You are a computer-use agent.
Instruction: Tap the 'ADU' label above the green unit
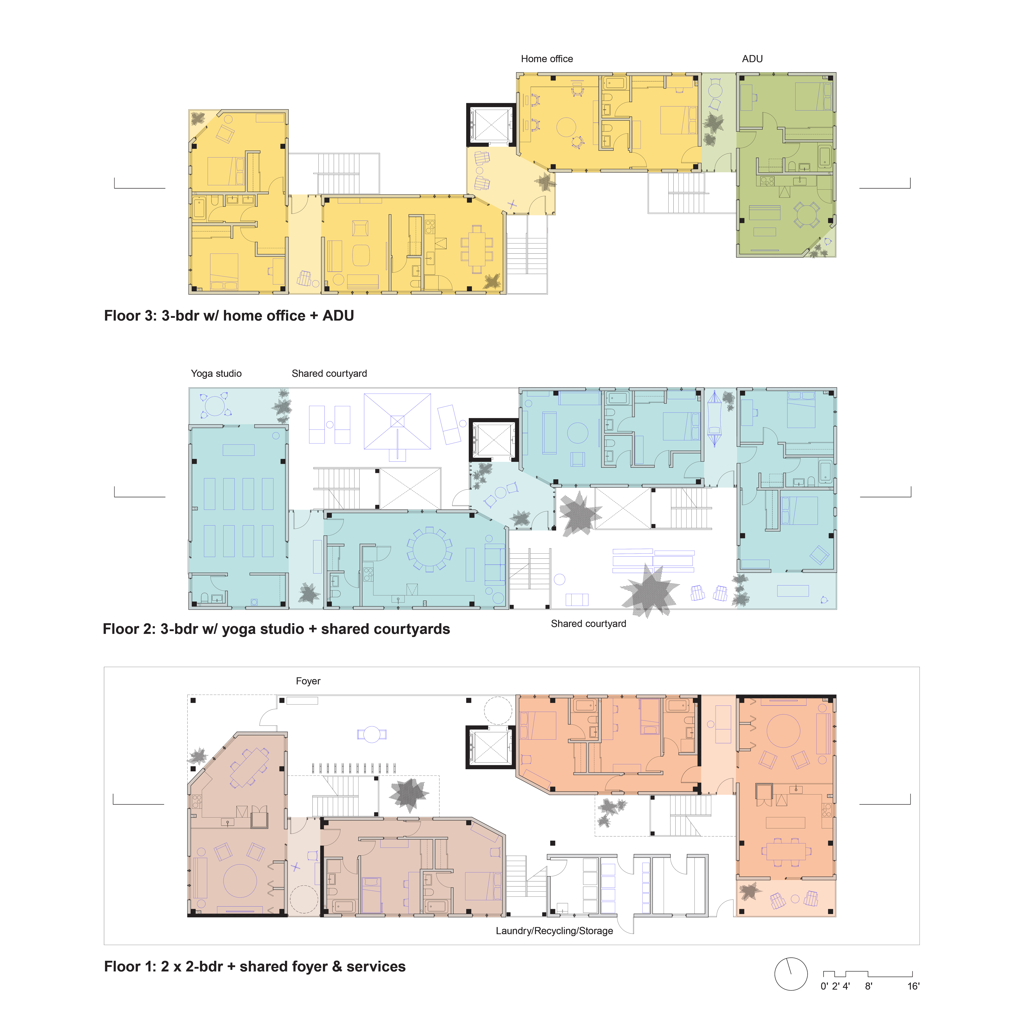click(752, 59)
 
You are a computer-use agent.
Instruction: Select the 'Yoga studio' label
click(216, 373)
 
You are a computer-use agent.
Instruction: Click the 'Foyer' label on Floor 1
click(308, 681)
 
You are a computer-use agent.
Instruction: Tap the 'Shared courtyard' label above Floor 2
click(330, 373)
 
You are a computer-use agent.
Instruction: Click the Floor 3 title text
click(229, 316)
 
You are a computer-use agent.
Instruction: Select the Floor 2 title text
click(276, 629)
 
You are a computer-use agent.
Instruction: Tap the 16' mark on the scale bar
click(913, 986)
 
